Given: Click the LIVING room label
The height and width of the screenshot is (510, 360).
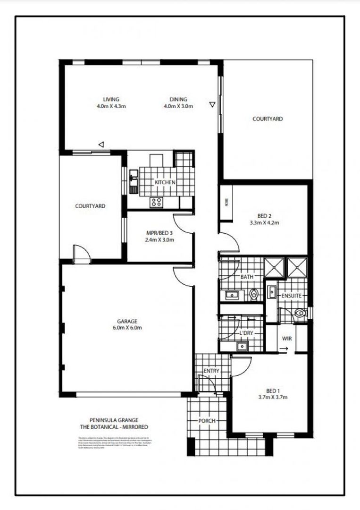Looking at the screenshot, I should [111, 100].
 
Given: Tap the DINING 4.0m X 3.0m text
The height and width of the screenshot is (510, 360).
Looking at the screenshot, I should [178, 106].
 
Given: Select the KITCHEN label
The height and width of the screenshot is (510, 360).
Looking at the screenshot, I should [165, 182].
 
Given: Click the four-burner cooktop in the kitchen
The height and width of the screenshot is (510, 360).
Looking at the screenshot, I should [156, 202].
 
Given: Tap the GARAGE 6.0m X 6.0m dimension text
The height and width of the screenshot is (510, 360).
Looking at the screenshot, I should [127, 328].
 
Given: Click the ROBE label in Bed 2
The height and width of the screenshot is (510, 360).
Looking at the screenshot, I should [226, 203].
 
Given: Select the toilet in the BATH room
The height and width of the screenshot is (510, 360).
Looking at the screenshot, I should [254, 295].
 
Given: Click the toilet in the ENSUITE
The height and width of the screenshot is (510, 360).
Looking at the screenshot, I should [299, 313].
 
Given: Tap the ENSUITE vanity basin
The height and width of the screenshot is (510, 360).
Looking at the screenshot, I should [272, 292].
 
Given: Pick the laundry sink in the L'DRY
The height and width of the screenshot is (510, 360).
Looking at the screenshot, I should [242, 346].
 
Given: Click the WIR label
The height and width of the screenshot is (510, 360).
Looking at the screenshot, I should [287, 339].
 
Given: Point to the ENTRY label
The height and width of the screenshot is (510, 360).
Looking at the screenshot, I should [211, 371].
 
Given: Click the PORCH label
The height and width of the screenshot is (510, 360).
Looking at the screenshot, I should [206, 421].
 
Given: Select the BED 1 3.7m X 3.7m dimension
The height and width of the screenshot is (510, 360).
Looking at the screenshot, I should [273, 397].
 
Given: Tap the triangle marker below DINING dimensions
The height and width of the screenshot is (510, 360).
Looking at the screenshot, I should [212, 104].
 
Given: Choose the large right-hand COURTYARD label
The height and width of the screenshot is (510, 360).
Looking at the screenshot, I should [268, 119].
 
